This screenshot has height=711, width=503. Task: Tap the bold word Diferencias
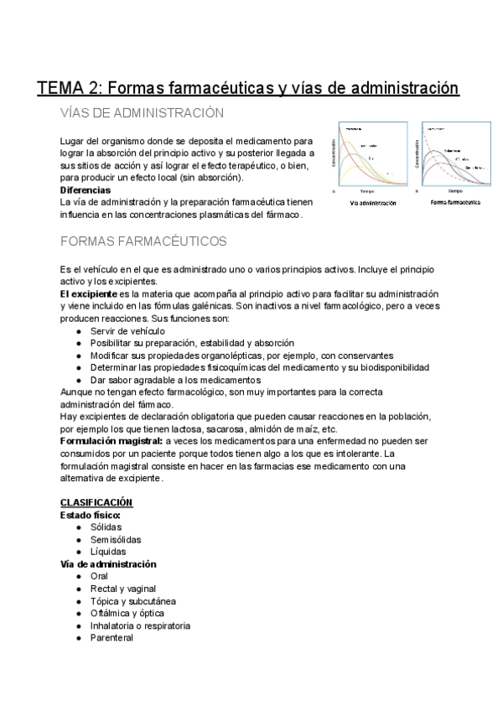[86, 190]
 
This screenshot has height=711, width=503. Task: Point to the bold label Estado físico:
[91, 515]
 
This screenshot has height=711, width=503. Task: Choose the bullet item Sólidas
[106, 527]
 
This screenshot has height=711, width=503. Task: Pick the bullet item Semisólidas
[116, 539]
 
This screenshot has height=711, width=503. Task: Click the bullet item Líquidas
[108, 552]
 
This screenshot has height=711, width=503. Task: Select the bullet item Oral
[100, 577]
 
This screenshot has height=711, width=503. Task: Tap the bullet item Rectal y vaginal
[123, 589]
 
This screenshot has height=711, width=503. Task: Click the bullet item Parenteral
[111, 638]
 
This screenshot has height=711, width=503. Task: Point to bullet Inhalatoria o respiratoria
[140, 625]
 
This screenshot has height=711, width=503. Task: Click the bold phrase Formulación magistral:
[111, 440]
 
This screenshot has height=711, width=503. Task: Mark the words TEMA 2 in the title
[70, 87]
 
